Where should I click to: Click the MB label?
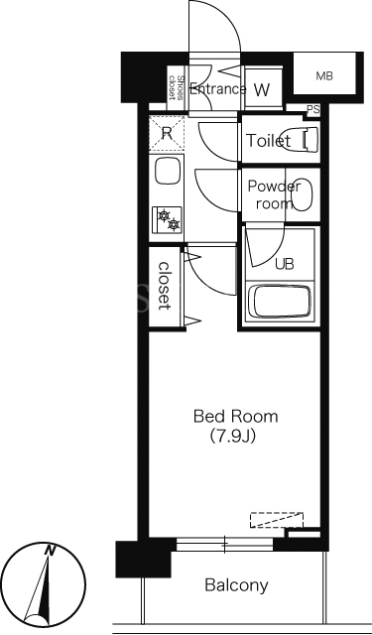[324, 76]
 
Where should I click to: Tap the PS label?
[312, 109]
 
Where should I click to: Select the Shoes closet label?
[178, 88]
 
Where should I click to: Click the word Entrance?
[218, 88]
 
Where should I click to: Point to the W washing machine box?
[263, 88]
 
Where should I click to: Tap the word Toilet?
[269, 141]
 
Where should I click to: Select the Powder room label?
[274, 194]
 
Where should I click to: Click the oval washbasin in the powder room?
[302, 194]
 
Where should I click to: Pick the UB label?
[285, 264]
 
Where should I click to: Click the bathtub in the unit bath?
[280, 302]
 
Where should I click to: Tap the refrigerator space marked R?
[167, 134]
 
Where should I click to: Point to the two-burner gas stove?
[167, 219]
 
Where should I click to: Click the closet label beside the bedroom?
[164, 287]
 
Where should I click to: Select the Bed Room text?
[236, 417]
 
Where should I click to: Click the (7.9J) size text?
[232, 437]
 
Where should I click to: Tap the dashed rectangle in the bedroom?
[277, 520]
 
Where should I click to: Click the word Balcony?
[236, 585]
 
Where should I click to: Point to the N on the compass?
[51, 550]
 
